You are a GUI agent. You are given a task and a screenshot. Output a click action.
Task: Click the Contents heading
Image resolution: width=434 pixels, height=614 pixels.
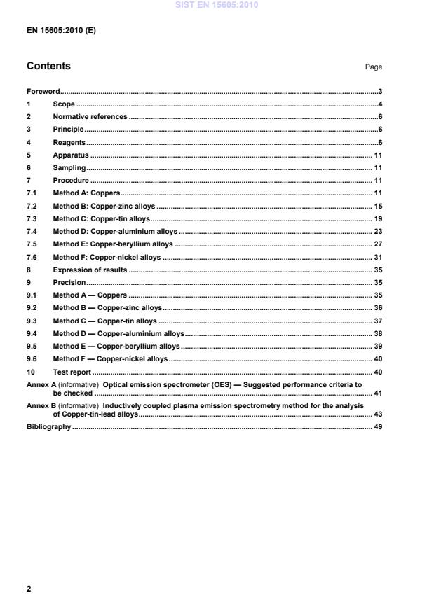[x=48, y=67]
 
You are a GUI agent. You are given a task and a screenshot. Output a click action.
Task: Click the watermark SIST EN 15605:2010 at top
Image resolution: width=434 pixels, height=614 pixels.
[x=217, y=4]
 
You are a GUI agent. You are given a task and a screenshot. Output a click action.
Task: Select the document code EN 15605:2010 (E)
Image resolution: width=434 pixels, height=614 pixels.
[x=61, y=32]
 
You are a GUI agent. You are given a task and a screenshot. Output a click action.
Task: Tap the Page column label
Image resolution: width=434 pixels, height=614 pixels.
[x=373, y=67]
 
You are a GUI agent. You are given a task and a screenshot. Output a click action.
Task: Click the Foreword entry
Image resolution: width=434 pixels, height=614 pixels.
[x=43, y=92]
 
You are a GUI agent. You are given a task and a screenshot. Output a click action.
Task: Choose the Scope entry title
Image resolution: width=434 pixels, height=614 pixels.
[x=64, y=104]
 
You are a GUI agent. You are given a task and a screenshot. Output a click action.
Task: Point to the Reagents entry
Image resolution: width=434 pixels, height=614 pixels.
[x=69, y=142]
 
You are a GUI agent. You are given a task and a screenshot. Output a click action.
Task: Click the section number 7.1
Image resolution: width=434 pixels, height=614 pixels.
[x=32, y=193]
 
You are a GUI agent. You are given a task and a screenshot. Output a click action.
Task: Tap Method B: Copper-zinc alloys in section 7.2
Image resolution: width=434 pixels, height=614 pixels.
[x=104, y=206]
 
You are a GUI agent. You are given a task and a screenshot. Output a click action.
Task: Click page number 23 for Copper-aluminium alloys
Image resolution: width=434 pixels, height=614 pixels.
[x=377, y=231]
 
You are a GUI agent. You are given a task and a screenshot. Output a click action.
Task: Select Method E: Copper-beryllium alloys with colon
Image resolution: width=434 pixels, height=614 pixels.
[x=112, y=244]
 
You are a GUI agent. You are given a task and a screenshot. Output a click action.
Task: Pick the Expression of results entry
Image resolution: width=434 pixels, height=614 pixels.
[x=90, y=270]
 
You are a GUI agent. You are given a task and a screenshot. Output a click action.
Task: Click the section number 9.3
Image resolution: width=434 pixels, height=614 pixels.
[x=32, y=321]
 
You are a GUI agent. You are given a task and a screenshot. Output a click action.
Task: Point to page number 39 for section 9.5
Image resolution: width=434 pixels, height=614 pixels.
[x=377, y=347]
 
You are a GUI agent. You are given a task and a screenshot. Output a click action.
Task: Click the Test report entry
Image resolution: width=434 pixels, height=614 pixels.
[x=72, y=372]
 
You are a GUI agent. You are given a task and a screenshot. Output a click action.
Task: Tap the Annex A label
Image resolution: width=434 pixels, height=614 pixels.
[x=41, y=385]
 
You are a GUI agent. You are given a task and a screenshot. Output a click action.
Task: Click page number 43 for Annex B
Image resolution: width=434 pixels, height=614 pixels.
[x=377, y=414]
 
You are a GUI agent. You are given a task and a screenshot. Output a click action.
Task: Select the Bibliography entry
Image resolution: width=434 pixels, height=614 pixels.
[x=48, y=427]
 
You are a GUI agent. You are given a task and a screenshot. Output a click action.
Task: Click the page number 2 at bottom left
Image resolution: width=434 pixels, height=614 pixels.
[x=29, y=589]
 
